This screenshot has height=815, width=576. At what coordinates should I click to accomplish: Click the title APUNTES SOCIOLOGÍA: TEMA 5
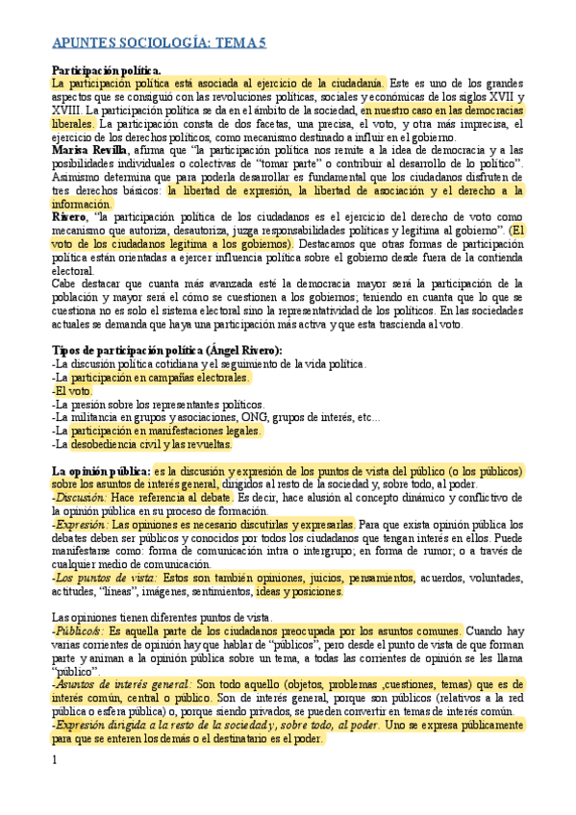(159, 43)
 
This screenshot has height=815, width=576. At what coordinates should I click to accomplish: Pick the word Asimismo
(77, 178)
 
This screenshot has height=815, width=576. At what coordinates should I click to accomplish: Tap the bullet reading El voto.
(73, 391)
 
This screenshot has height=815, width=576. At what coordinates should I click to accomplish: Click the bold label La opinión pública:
(100, 472)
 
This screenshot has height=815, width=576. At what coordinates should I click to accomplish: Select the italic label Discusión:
(81, 499)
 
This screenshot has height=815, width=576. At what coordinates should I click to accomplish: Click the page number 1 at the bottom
(54, 759)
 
